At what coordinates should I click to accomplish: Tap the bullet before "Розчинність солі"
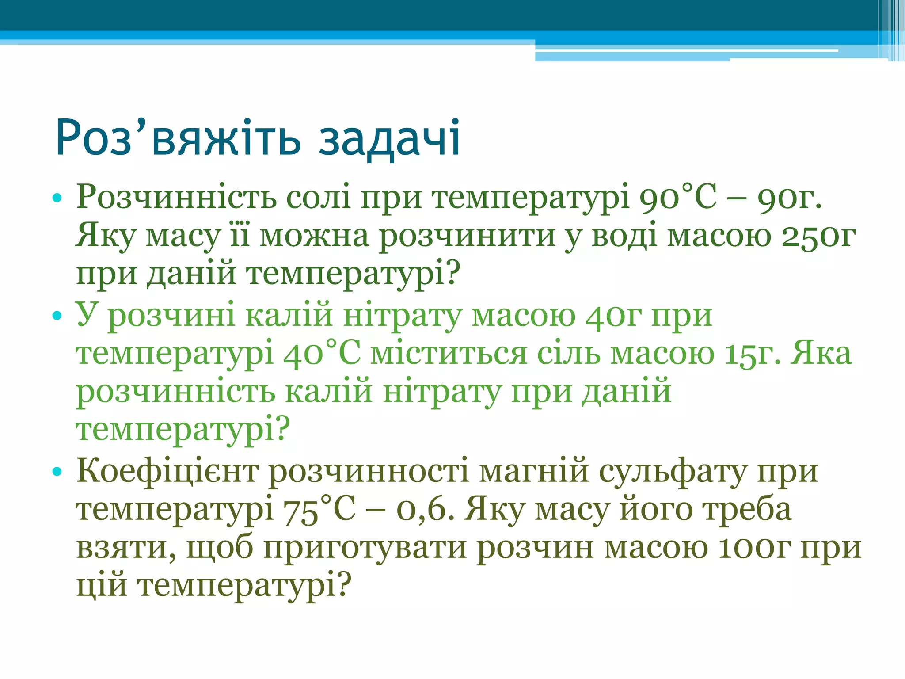click(57, 198)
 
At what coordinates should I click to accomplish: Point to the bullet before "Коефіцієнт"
click(57, 472)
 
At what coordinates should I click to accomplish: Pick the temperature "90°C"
click(678, 198)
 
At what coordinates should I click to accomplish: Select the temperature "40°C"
click(321, 354)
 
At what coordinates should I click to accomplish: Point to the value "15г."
click(753, 354)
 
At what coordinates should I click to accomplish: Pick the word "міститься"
click(449, 354)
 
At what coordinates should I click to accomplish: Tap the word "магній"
click(534, 472)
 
